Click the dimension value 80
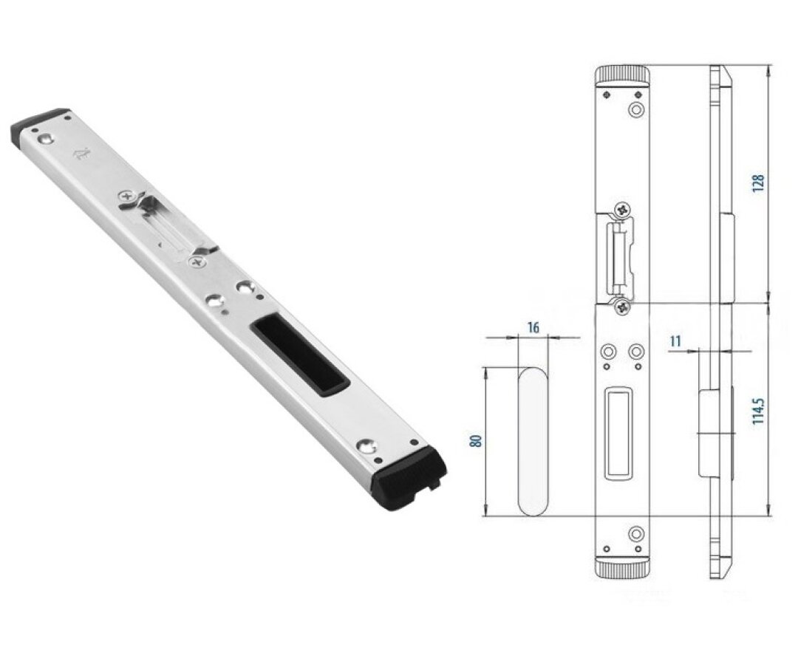pos(477,441)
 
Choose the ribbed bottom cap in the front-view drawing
pos(622,568)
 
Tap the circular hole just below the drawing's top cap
pos(634,109)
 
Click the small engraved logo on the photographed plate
pos(80,154)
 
